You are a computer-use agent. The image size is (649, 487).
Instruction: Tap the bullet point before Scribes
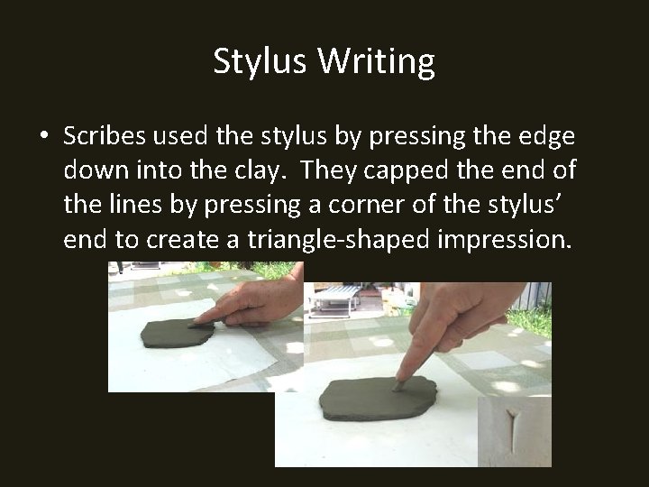point(43,137)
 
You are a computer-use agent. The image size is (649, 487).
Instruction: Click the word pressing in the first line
point(410,136)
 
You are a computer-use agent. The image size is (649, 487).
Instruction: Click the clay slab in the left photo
point(176,333)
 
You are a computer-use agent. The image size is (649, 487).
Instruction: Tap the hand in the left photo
point(257,301)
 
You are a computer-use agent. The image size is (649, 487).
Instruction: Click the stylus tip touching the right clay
point(397,385)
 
